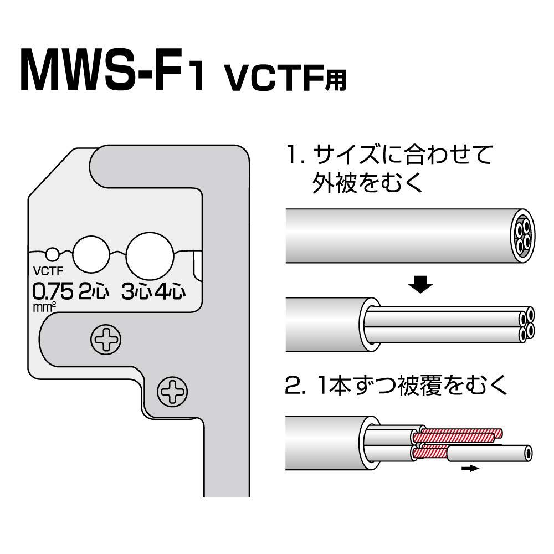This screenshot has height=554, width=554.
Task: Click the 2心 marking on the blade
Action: point(95,293)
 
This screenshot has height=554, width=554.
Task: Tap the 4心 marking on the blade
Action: point(168,293)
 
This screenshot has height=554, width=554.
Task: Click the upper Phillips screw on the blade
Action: point(105,340)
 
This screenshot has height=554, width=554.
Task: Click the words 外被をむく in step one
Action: point(368,183)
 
